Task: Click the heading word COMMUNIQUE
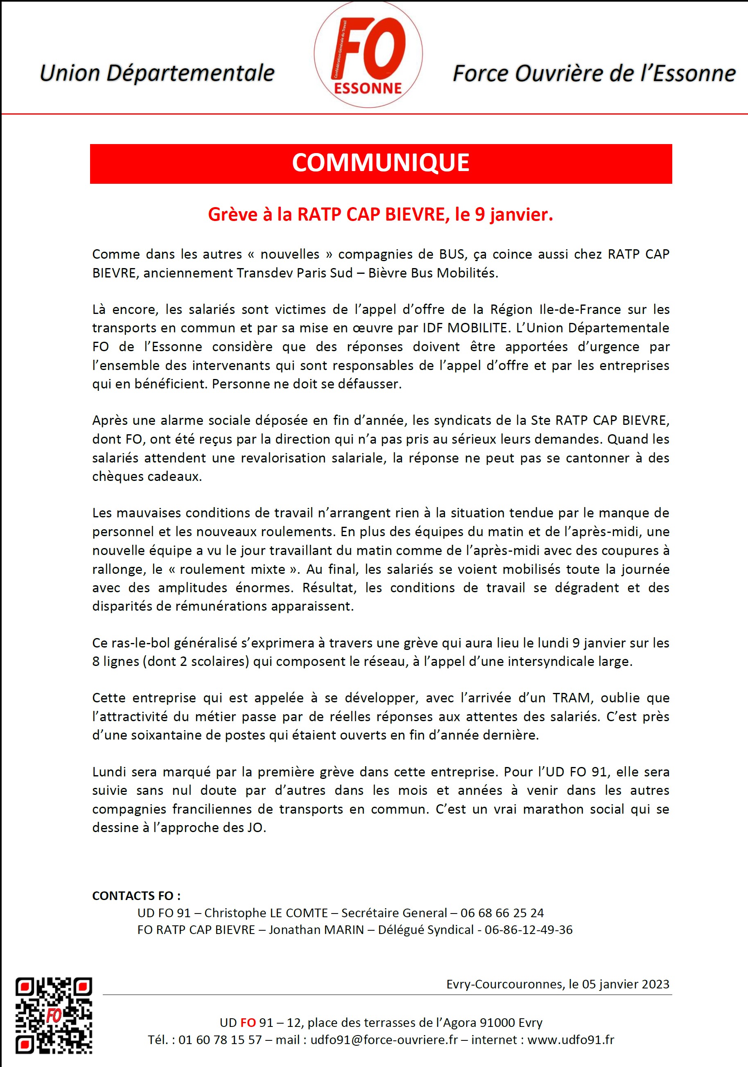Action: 380,163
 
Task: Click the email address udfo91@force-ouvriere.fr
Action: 384,1040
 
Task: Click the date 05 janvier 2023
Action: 626,984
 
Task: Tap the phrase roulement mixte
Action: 233,569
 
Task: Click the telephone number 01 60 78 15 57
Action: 220,1040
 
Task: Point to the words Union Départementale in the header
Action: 157,73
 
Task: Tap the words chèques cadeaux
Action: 147,476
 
